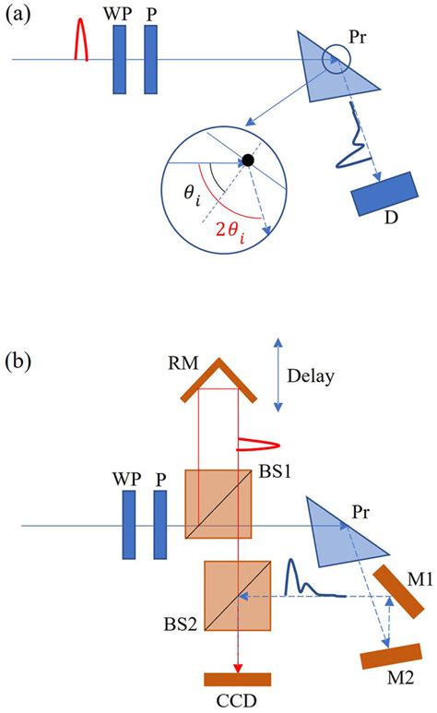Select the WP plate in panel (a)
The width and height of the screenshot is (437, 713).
point(119,60)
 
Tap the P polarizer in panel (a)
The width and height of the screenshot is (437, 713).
point(151,60)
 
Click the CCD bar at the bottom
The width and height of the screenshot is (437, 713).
point(237,680)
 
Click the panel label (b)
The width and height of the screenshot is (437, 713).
point(19,360)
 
